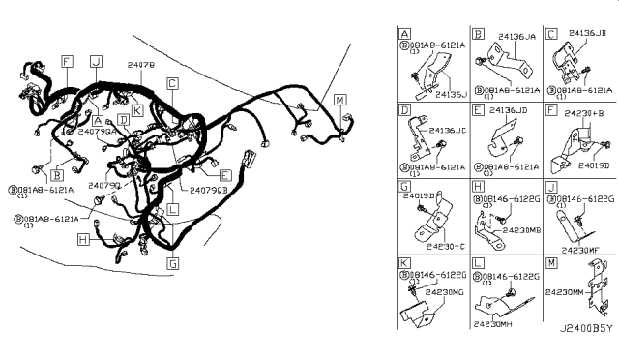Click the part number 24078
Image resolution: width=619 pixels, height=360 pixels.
coord(140,64)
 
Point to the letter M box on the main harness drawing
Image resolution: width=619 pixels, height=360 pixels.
coord(339,100)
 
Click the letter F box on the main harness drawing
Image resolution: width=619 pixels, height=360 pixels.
coord(66,61)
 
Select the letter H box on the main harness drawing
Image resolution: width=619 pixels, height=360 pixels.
coord(85,239)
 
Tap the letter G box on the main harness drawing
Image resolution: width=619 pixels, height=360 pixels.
coord(173,262)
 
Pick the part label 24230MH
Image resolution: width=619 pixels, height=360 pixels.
coord(496,325)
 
